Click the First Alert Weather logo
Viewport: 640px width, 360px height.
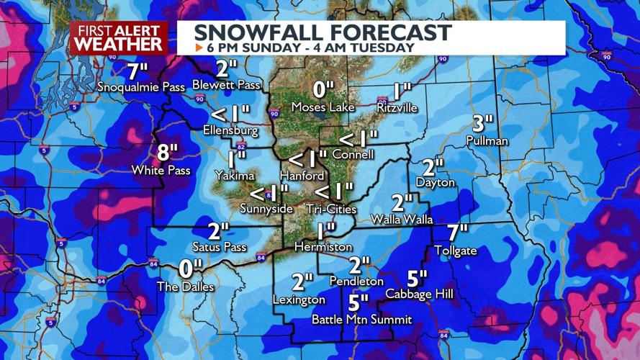click(x=119, y=37)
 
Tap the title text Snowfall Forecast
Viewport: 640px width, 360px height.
click(x=323, y=32)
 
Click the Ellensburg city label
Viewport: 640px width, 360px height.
click(x=230, y=131)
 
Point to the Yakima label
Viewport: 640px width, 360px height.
click(x=235, y=175)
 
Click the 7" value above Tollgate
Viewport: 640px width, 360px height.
click(x=457, y=233)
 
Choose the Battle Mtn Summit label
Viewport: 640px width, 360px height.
click(x=361, y=319)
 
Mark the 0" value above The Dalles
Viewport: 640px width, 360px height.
click(x=189, y=269)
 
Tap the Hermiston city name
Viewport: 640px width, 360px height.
click(x=323, y=247)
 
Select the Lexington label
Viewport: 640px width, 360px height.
click(x=299, y=300)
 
